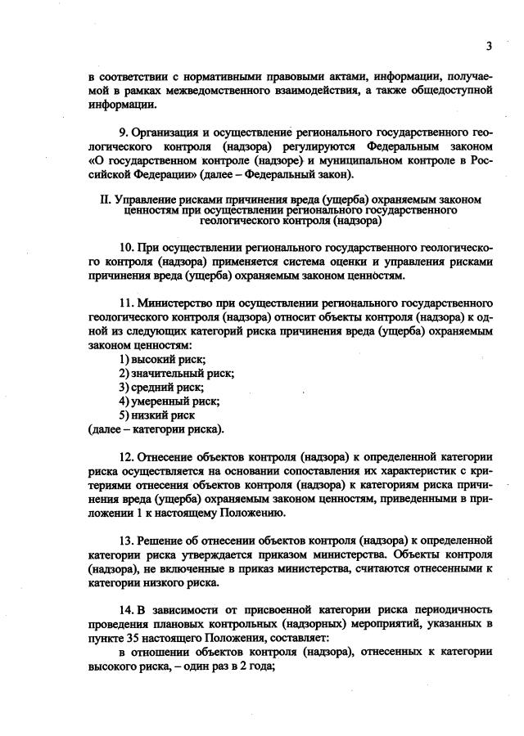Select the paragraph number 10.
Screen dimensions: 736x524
125,248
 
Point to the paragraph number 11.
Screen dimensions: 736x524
125,303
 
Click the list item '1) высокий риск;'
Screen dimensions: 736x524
162,359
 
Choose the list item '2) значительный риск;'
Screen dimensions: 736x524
176,373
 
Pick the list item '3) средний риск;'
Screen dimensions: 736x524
161,387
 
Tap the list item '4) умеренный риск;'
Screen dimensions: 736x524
169,401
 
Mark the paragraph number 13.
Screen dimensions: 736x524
125,541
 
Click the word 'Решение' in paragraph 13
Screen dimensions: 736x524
160,541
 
